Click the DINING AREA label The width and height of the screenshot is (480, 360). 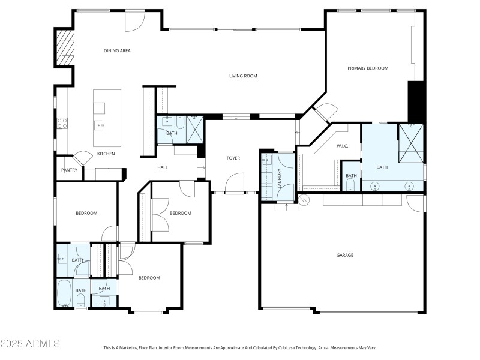(117, 51)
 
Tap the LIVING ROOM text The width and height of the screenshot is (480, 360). (243, 76)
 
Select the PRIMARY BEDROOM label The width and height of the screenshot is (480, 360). (368, 68)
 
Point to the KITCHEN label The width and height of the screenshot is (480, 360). (106, 154)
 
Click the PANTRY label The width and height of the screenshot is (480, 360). (68, 170)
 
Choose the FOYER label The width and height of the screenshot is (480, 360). (233, 158)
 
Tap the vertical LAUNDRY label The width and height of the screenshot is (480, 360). (279, 178)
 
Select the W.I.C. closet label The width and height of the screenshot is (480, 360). (343, 146)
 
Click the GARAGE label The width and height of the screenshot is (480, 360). (344, 255)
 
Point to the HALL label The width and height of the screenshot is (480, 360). (162, 167)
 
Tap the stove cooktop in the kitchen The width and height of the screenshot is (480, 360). (61, 123)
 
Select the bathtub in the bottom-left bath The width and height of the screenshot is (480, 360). (64, 293)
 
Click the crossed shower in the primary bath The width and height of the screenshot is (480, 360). (410, 143)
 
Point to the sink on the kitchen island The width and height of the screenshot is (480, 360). (100, 125)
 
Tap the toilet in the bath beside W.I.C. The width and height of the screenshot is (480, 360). (350, 184)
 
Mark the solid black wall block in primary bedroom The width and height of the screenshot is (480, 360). (416, 101)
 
